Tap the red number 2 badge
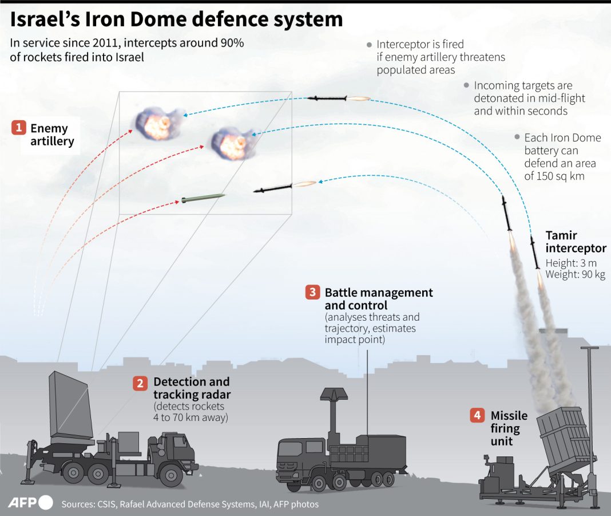pos(140,383)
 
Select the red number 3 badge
pos(312,293)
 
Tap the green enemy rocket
pos(203,199)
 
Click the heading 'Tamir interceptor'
pos(575,242)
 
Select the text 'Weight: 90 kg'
pos(575,275)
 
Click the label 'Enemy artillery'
pos(52,135)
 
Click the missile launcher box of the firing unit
pos(564,438)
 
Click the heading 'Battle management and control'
pos(378,299)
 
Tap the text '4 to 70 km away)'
pos(191,417)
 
